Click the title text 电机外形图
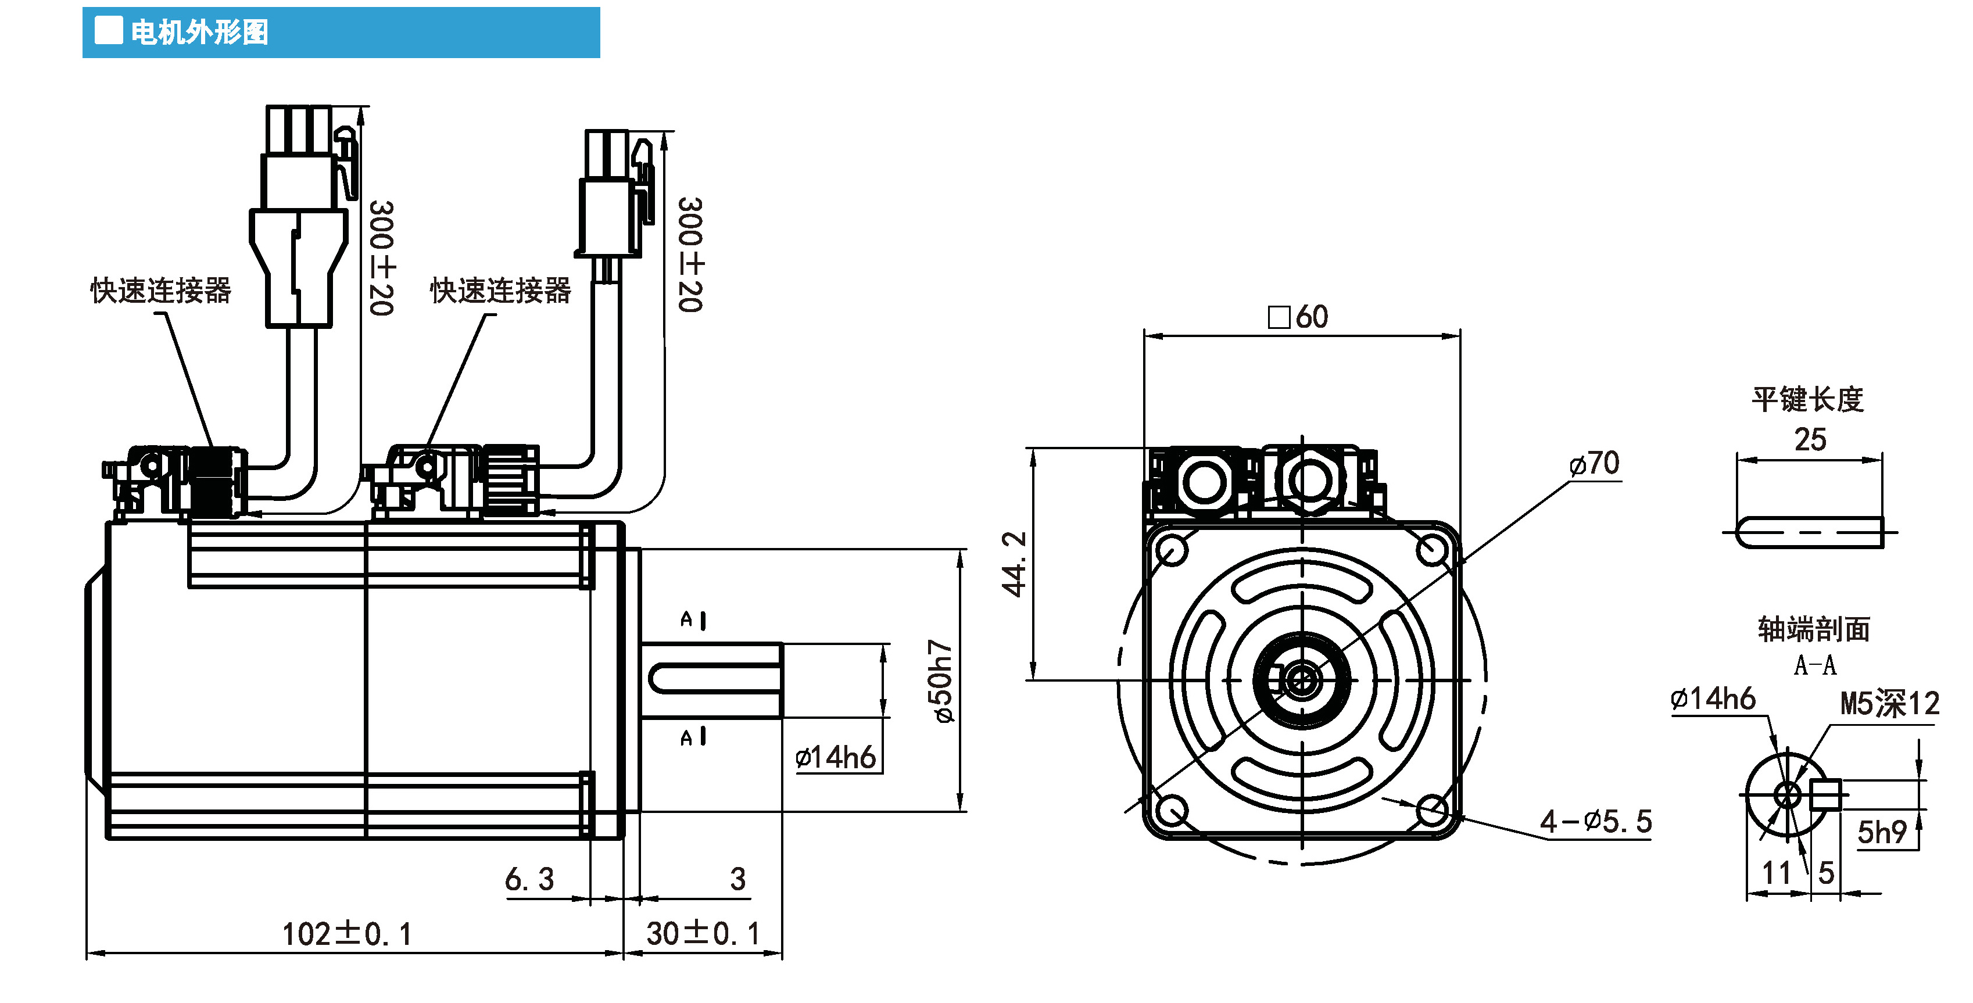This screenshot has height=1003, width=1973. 199,32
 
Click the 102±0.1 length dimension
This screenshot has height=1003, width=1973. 347,934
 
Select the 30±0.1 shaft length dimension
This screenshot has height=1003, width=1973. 703,933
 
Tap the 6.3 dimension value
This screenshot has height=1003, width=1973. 529,879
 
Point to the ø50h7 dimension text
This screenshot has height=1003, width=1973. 941,682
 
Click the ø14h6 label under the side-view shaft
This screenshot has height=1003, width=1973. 836,757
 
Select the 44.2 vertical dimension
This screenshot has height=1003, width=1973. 1014,564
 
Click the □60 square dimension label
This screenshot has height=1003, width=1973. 1298,316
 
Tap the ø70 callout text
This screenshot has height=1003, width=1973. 1594,463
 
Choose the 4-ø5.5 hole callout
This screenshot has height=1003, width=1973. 1596,822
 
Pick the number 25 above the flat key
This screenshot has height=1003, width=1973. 1810,439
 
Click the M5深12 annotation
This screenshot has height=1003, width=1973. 1889,703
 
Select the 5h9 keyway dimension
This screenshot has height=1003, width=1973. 1882,832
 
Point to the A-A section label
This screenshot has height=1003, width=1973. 1814,665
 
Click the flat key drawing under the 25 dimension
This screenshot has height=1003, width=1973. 1809,532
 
